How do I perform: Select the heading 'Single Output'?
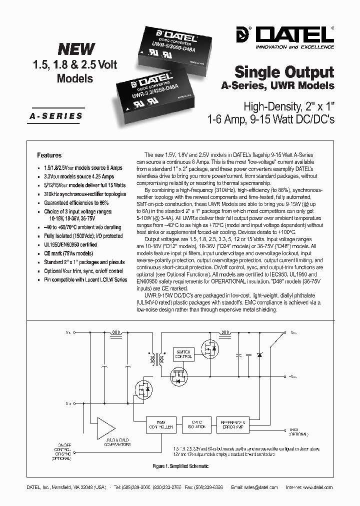pos(284,71)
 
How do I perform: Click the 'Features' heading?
pos(49,155)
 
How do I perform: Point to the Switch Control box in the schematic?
pos(183,355)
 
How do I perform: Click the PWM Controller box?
pos(160,425)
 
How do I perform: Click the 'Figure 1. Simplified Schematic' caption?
pos(180,466)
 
